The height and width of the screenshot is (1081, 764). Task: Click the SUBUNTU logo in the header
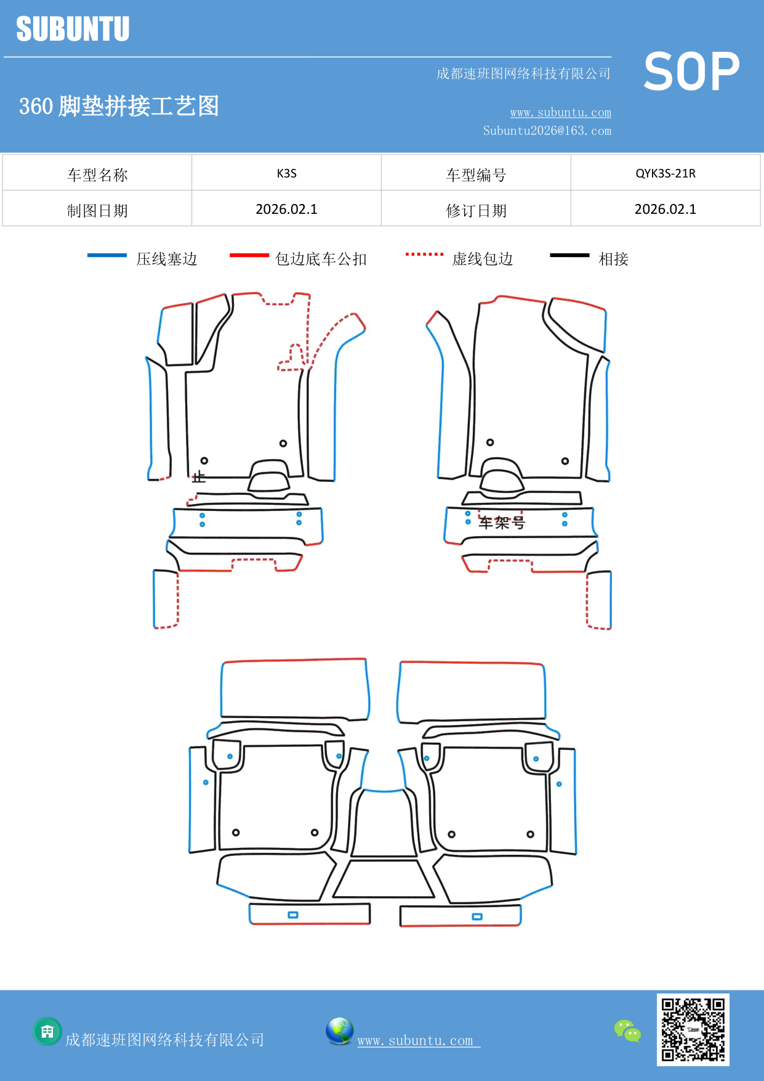point(73,29)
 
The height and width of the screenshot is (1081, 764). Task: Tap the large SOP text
point(691,71)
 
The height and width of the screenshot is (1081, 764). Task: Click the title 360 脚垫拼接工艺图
point(119,106)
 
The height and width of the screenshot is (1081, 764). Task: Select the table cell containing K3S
point(286,173)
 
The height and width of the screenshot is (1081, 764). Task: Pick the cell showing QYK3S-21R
point(665,173)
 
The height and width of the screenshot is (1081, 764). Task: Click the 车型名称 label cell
point(97,174)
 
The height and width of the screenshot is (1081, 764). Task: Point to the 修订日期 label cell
point(476,210)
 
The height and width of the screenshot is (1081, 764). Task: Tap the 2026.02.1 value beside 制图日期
point(286,209)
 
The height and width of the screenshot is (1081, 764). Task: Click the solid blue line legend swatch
point(107,255)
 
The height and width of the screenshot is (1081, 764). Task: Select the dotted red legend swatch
point(424,254)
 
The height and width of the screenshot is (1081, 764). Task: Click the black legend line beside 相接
point(569,255)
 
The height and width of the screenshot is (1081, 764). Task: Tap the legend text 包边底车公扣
point(321,259)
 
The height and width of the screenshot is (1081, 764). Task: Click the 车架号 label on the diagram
point(502,523)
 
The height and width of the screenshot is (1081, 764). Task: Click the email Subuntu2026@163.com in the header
point(547,131)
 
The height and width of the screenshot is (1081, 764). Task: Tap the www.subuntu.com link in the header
point(560,112)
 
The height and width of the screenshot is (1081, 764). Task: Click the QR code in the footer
point(693,1029)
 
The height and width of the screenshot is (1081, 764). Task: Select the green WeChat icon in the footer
point(627,1031)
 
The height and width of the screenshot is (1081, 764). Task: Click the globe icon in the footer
point(339,1031)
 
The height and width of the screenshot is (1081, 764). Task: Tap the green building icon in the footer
point(47,1031)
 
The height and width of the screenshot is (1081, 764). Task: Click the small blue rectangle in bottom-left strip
point(293,915)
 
